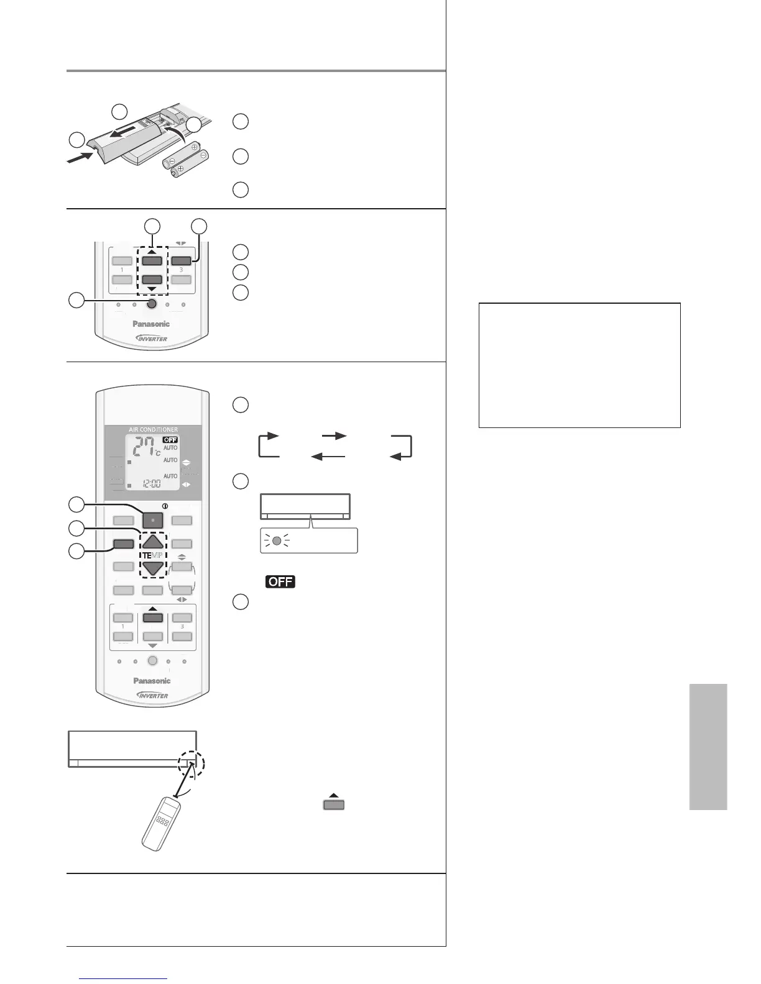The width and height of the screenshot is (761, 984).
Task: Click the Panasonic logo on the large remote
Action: (x=152, y=681)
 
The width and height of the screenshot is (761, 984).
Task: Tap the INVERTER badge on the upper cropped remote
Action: (x=152, y=338)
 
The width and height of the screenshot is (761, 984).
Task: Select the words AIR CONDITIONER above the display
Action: (x=153, y=429)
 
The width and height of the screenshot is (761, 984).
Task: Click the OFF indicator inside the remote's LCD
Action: (x=170, y=439)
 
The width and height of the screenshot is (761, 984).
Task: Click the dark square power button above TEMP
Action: (x=152, y=521)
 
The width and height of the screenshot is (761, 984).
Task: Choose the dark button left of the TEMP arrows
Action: (x=123, y=544)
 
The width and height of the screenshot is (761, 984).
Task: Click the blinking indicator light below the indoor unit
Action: (x=277, y=540)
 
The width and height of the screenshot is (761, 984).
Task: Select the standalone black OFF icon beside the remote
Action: (x=280, y=582)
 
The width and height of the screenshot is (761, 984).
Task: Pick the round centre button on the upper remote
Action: (x=152, y=304)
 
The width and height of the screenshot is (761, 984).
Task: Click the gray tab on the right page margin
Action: (x=708, y=747)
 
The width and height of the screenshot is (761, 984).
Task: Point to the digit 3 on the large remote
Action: (x=182, y=627)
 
